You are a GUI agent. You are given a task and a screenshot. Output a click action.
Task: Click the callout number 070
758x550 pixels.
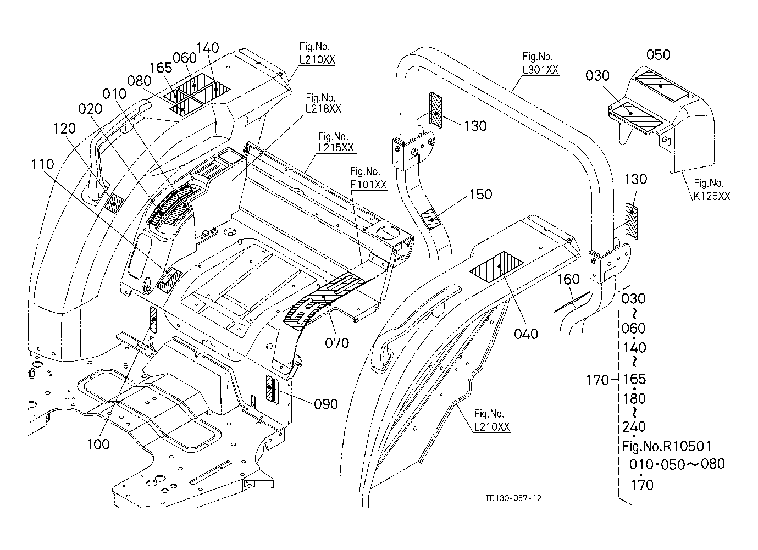coord(337,343)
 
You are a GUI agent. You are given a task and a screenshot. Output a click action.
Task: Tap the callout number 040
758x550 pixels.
coord(526,334)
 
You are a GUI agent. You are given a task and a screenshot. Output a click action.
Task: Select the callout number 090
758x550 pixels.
coord(326,404)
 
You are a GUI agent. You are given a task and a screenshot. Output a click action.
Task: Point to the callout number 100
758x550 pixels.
coord(98,444)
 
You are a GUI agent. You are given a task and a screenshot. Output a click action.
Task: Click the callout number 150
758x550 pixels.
coord(480,195)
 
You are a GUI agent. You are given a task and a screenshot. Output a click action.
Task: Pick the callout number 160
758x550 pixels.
coord(568,279)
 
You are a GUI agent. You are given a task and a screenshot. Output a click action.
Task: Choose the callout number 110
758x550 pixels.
coord(43,164)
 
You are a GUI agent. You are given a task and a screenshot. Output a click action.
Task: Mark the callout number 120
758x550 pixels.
coord(64,128)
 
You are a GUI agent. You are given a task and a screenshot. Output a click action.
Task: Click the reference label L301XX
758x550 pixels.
coord(540,70)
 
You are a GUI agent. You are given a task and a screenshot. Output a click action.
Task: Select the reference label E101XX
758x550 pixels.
coord(368,185)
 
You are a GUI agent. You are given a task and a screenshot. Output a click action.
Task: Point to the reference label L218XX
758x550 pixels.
coord(323,109)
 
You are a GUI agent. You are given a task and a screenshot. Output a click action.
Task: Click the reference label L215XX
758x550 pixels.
coord(336,147)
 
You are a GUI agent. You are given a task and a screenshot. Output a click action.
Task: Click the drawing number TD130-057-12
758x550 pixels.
coord(513,498)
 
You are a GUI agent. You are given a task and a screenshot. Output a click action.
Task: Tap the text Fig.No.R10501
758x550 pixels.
coord(667,447)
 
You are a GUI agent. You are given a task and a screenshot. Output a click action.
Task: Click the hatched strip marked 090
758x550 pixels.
coord(269,388)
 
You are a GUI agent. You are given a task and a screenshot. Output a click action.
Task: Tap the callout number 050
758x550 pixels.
coord(658,54)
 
